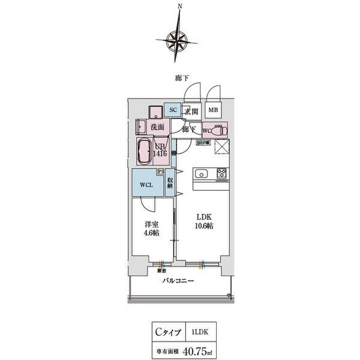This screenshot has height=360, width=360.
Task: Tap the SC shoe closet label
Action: [173, 110]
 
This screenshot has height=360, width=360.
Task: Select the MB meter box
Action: [212, 110]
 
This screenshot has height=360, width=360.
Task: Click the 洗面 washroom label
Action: [157, 127]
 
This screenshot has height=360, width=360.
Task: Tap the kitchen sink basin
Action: [200, 175]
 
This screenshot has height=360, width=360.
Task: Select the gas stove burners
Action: [221, 175]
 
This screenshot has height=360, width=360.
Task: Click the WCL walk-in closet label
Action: [146, 185]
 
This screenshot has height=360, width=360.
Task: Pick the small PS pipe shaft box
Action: [161, 172]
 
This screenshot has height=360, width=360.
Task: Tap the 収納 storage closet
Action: [170, 182]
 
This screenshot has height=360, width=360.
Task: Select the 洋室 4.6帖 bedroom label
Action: [150, 229]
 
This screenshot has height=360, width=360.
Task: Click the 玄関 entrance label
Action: [191, 111]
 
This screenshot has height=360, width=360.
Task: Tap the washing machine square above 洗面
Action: [155, 110]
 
